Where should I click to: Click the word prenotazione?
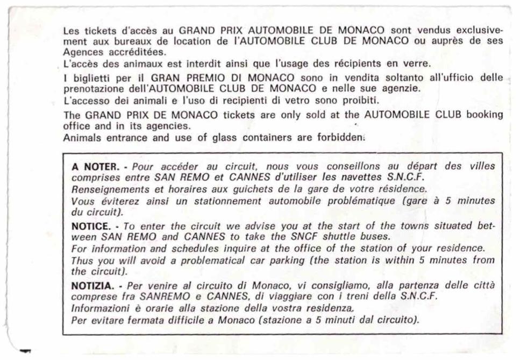pos(91,88)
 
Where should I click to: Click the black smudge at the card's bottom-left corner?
pos(25,351)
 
